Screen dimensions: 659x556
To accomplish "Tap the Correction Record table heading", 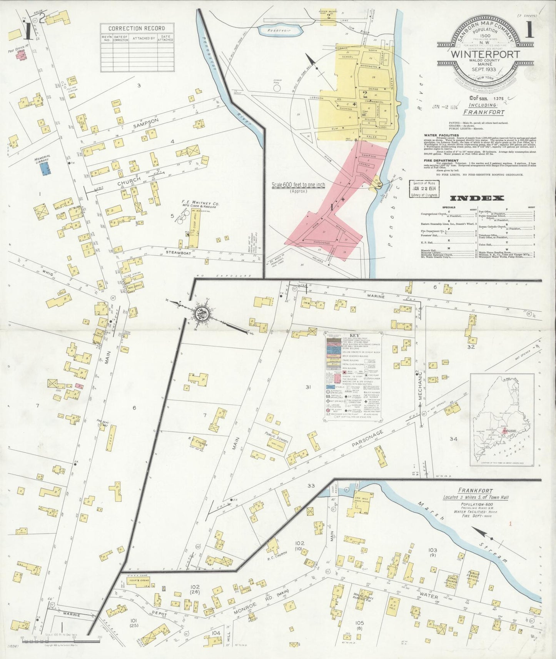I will click(137, 28).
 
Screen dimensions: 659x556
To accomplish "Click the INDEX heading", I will click(477, 198).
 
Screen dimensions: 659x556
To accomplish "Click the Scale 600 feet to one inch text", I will click(298, 185).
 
